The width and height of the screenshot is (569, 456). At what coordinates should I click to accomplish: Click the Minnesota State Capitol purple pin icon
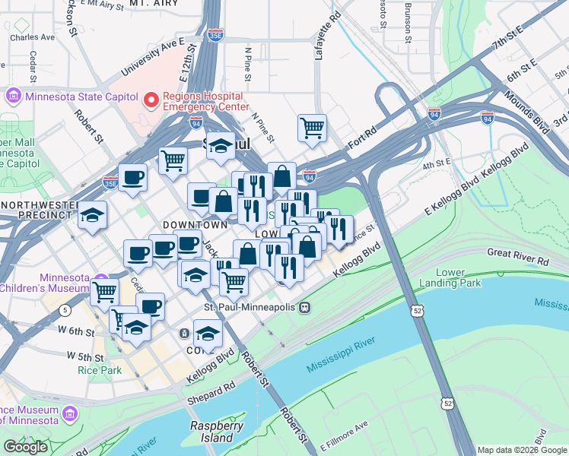point(13,97)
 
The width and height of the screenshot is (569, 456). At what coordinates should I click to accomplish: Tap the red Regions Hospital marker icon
point(151,98)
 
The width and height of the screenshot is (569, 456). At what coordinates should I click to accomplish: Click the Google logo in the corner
point(25,447)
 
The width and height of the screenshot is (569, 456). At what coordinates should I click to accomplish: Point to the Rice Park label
point(95,370)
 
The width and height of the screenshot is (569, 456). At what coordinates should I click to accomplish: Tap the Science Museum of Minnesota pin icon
point(70,414)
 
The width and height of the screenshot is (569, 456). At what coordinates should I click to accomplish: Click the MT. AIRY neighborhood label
point(153,4)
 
